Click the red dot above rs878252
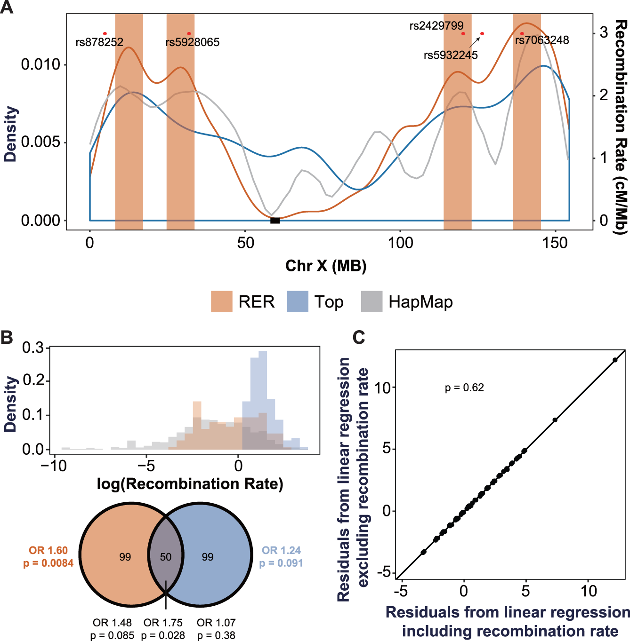point(105,33)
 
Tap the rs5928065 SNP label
point(193,42)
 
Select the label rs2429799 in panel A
point(436,26)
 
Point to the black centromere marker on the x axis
point(275,220)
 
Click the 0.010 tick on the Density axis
point(41,64)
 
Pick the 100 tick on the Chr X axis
point(400,243)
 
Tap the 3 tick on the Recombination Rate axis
point(604,32)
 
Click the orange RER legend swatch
point(221,301)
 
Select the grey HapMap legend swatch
point(372,301)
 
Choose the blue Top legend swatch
point(297,301)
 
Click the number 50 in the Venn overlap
point(165,557)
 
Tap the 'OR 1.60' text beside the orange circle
point(48,550)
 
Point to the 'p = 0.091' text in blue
point(281,563)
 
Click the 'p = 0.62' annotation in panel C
point(464,388)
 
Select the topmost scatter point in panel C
point(615,360)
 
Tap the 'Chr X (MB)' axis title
point(326,266)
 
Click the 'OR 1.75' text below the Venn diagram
point(163,623)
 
